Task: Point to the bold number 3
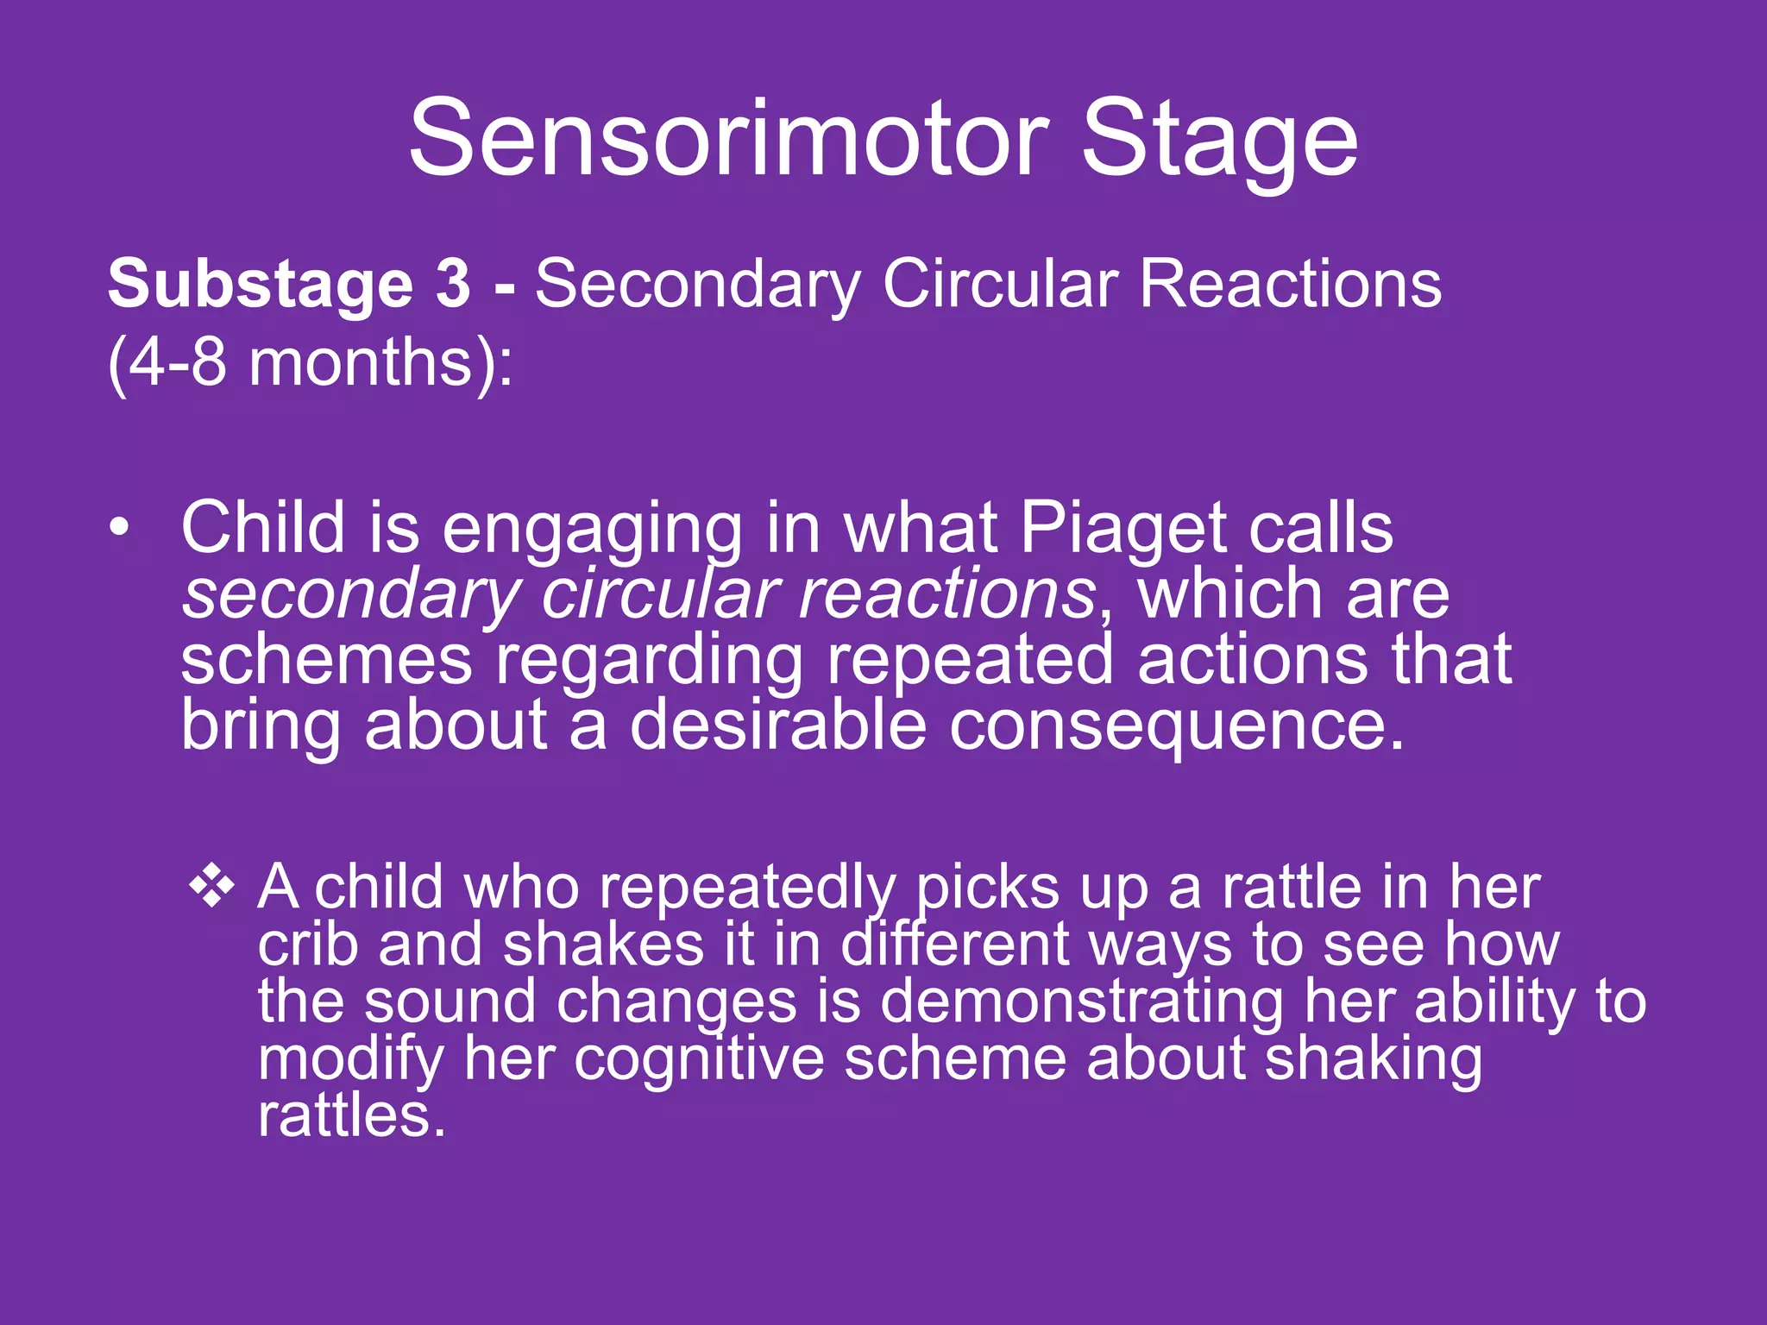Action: (453, 285)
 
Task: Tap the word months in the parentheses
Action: (360, 362)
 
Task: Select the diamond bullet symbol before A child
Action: (212, 887)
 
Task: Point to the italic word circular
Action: (660, 594)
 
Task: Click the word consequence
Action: (1177, 725)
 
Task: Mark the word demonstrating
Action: (1082, 1002)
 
